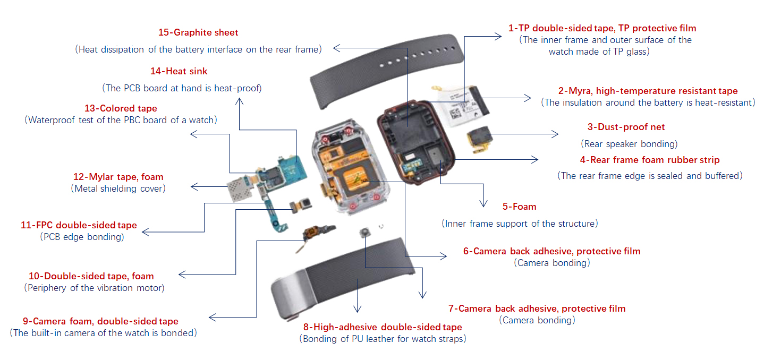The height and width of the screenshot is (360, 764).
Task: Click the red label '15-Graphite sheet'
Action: pos(198,32)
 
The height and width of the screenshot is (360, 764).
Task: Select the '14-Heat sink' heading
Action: pos(179,71)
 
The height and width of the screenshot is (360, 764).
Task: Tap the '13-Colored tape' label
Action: pos(121,108)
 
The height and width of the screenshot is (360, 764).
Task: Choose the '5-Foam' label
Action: pos(519,206)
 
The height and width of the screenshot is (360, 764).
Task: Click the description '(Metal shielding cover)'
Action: pos(118,188)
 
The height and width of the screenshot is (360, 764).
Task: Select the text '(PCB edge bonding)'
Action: pos(82,237)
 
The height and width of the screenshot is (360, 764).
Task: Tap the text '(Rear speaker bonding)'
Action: pos(629,144)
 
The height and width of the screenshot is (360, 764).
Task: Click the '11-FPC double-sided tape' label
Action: pos(79,225)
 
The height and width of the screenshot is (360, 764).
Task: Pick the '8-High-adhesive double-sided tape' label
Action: pos(382,327)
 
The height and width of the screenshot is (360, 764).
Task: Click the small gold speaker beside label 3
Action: pos(478,136)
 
